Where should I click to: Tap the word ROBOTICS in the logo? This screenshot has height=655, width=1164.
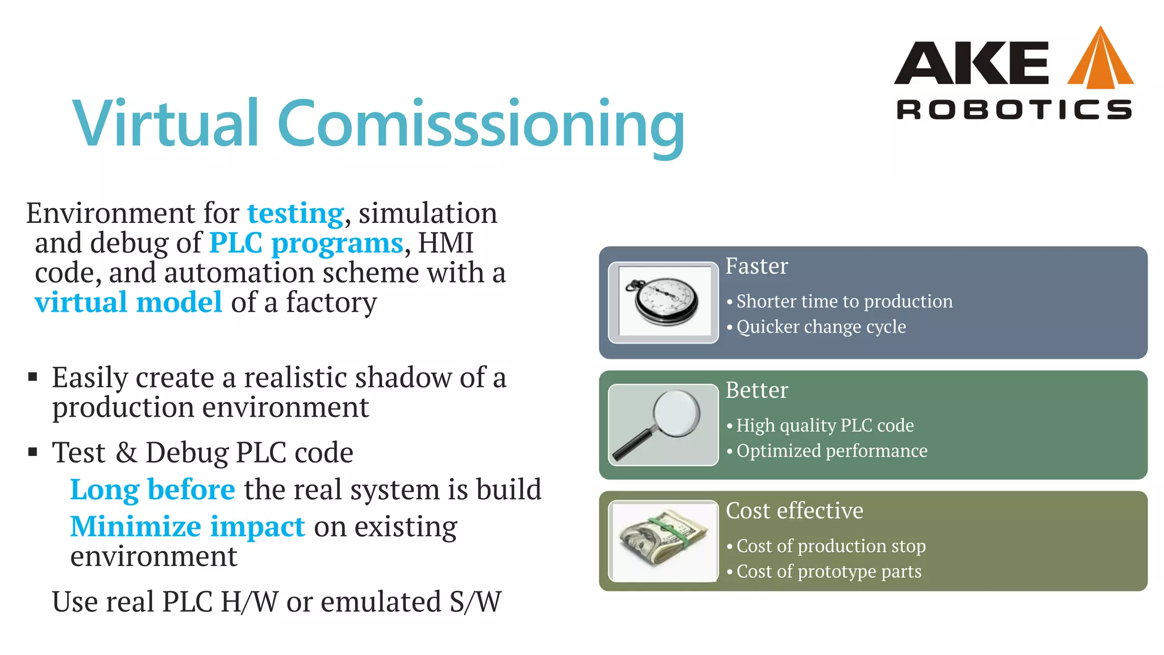[1013, 110]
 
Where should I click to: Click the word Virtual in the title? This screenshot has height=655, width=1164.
[166, 123]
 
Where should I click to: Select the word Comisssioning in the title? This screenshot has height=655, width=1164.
[481, 125]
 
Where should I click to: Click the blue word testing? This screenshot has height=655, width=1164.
[296, 214]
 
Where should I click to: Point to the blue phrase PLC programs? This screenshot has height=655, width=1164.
[306, 243]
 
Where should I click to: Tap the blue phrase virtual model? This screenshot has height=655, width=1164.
[128, 302]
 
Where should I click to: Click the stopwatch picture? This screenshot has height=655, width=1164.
[663, 302]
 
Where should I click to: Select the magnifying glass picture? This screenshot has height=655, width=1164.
[663, 425]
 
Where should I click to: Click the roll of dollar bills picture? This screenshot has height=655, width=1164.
[663, 541]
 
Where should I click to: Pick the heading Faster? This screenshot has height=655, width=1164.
[756, 266]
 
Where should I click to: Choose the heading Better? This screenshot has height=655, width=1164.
[756, 390]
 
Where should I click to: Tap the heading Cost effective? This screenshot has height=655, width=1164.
[794, 511]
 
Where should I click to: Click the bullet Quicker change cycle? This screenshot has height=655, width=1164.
[821, 327]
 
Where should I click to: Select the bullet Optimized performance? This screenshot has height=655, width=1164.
[832, 451]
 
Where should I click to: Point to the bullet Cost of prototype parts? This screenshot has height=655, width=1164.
[829, 571]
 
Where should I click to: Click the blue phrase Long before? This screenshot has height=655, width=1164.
[152, 490]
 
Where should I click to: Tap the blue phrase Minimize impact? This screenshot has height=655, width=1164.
[188, 527]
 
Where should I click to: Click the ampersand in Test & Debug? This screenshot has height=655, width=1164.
[126, 453]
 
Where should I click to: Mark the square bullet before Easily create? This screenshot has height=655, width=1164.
[33, 377]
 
